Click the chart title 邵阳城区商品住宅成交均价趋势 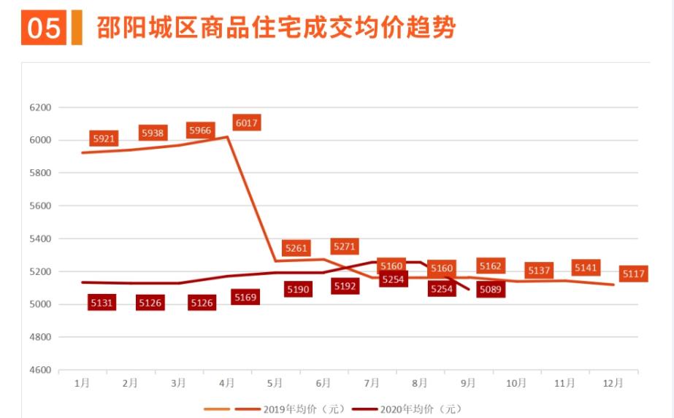tap(276, 28)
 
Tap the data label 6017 tap(247, 123)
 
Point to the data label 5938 tap(153, 133)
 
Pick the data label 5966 tap(200, 131)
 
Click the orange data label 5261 tap(296, 248)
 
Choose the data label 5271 tap(344, 247)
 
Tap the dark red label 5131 tap(102, 303)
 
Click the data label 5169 tap(245, 297)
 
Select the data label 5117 tap(633, 274)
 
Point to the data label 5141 tap(586, 268)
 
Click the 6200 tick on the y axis tap(40, 107)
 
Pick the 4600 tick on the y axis tap(40, 370)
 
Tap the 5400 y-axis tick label tap(40, 239)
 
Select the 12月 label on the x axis tap(614, 382)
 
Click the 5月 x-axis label tap(275, 382)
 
